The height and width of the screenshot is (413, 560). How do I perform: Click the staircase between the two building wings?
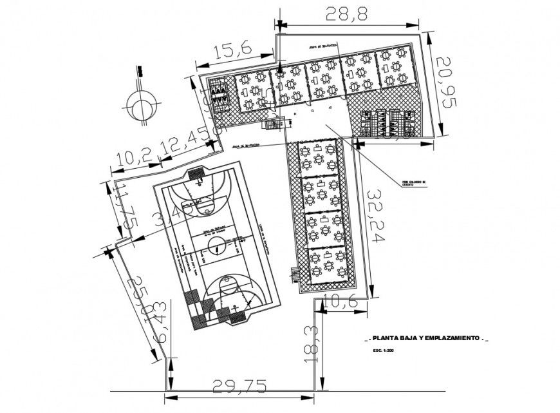275,124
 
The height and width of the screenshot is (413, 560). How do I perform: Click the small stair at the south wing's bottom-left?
296,274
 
